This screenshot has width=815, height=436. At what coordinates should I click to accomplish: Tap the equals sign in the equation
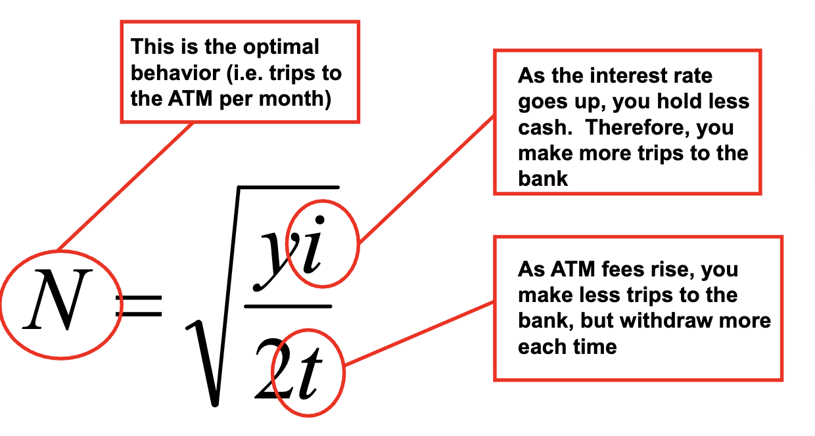click(x=139, y=306)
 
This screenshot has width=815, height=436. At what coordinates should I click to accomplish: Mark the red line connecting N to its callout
click(x=125, y=186)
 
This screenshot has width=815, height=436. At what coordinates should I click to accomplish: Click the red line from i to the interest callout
click(x=427, y=177)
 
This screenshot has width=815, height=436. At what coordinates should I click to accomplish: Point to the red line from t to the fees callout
click(x=421, y=334)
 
